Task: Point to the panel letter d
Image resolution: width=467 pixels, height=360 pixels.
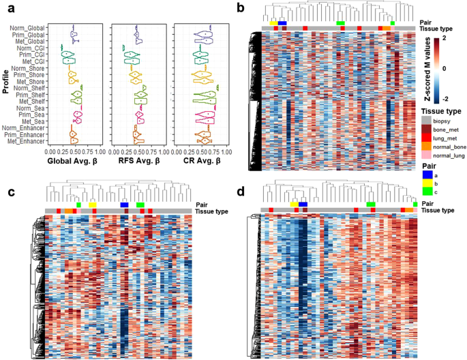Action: coord(241,192)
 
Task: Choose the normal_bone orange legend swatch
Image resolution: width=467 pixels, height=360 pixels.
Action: coord(426,146)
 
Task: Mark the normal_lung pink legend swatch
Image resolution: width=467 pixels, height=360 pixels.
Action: coord(426,155)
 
